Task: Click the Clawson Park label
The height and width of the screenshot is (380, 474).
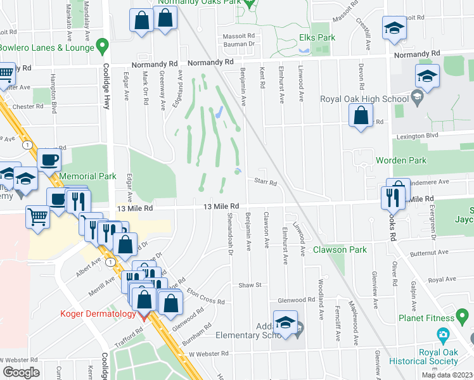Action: click(x=340, y=250)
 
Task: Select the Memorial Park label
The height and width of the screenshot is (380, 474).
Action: click(x=87, y=176)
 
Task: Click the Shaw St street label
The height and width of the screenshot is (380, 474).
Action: click(x=250, y=286)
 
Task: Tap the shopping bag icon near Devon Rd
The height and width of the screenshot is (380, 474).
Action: click(x=361, y=116)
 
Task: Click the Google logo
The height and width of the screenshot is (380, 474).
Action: click(x=22, y=372)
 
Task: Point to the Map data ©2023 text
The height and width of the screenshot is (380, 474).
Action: click(x=447, y=375)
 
